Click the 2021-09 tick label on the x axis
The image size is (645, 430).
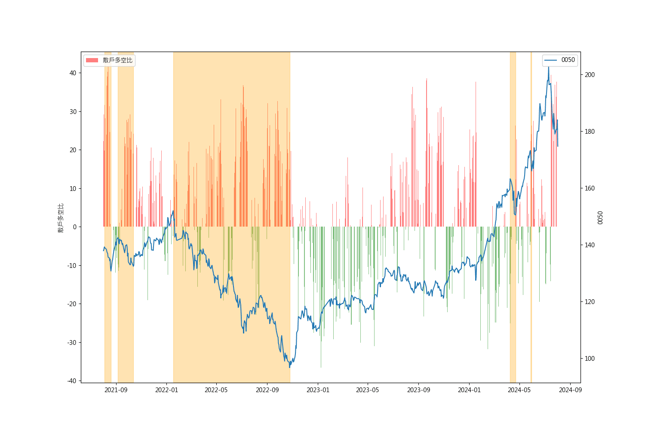coord(117,390)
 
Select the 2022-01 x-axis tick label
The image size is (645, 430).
coord(167,390)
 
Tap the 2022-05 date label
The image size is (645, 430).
coord(216,390)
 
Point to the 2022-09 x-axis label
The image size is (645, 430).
coord(267,390)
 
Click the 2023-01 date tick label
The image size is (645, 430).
coord(318,390)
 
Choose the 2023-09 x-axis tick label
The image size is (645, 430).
coord(419,390)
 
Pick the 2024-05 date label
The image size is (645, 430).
coord(519,390)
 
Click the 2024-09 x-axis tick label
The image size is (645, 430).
coord(571,390)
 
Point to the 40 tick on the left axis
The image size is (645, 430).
coord(73,73)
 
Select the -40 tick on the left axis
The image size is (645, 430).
coord(72,381)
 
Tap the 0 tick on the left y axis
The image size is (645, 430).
coord(74,227)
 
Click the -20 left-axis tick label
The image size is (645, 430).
coord(72,304)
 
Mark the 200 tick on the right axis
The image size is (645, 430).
coord(590,75)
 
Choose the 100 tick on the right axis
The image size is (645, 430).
coord(590,359)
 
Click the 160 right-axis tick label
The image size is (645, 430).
coord(590,188)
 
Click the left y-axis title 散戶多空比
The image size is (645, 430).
coord(61,218)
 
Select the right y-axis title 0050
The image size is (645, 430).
coord(600,218)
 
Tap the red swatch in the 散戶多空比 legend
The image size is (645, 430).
coord(92,60)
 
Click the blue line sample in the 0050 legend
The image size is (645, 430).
coord(551,60)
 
